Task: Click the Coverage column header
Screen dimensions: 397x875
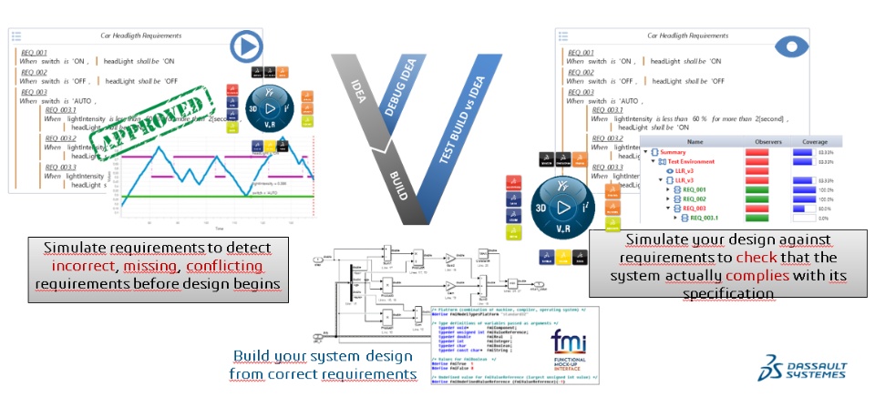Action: (815, 142)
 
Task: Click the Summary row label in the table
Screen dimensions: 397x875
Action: (679, 152)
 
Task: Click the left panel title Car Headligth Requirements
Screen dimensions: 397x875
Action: (147, 35)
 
